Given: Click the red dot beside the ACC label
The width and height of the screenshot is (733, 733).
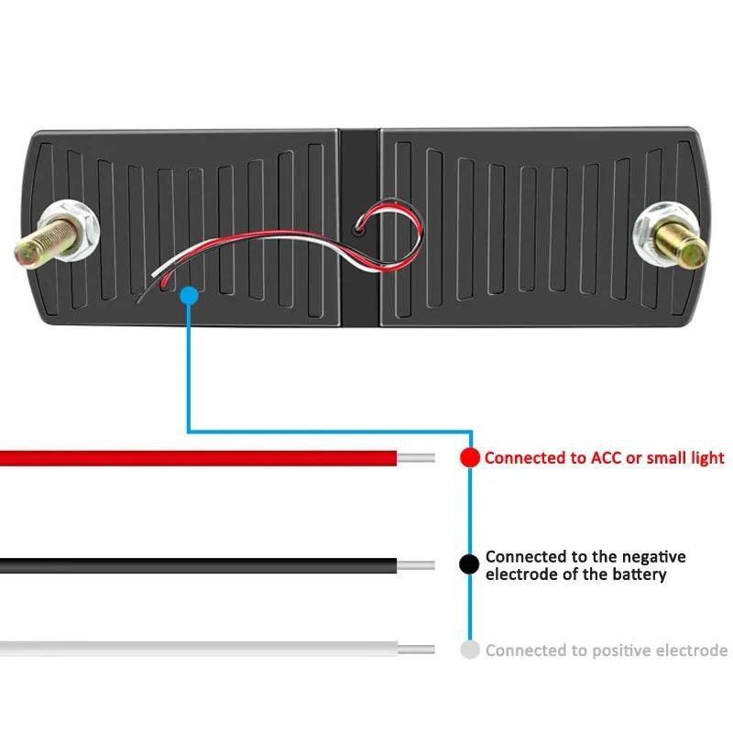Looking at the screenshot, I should (x=469, y=457).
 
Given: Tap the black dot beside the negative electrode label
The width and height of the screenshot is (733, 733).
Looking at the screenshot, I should (x=469, y=564).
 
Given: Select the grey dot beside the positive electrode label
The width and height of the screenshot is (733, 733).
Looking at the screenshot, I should (x=469, y=651).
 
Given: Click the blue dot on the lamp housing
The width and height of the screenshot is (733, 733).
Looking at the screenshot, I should (x=188, y=295).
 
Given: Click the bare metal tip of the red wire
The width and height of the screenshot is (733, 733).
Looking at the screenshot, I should (x=416, y=457).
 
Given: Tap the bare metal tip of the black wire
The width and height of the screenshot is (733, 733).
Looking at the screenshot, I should (x=416, y=564).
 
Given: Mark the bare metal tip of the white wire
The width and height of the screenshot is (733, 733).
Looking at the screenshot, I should (x=416, y=650).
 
